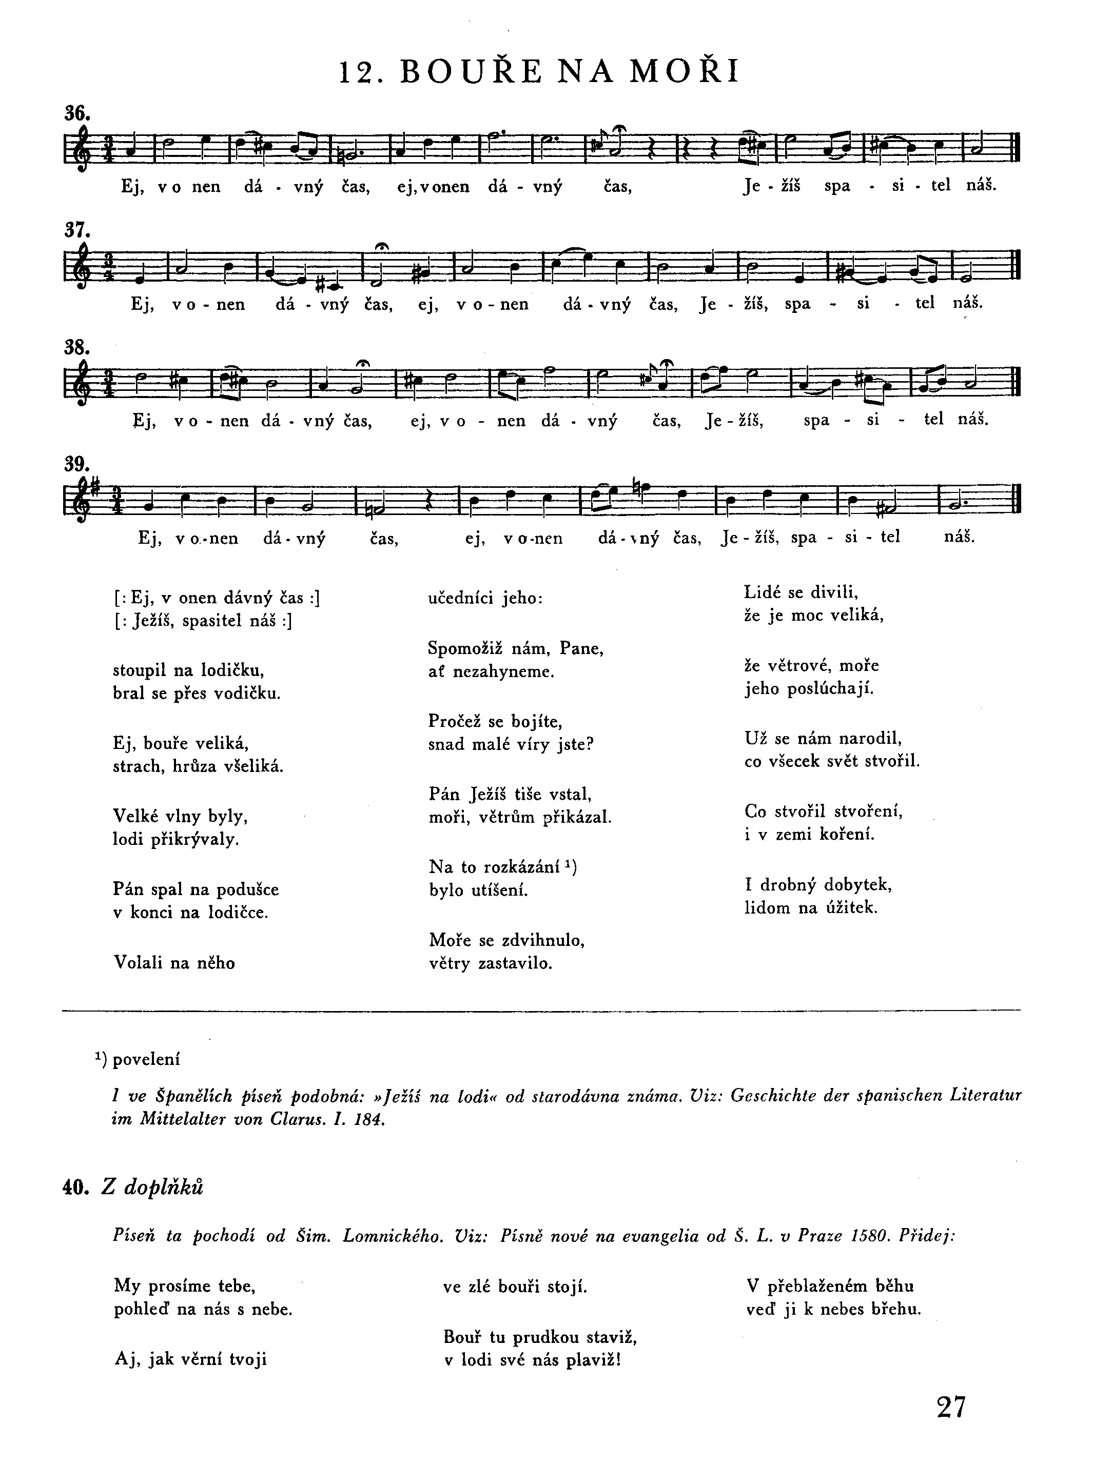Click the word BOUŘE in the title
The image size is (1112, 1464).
tap(471, 72)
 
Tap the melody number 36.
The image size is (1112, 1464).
tap(77, 113)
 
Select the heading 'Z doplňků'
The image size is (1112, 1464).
tap(152, 1188)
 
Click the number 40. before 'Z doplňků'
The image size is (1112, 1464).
tap(75, 1188)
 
